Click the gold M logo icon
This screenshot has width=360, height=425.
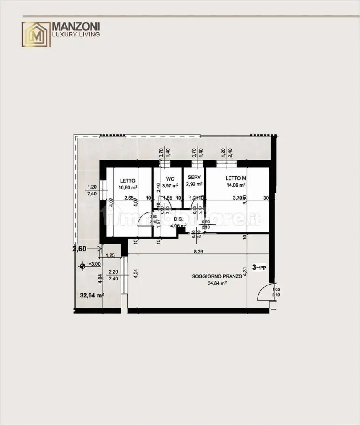36,34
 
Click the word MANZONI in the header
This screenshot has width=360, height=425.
76,27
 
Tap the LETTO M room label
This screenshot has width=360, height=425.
236,178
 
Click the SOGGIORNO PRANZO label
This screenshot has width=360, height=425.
217,276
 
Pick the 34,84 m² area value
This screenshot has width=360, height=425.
217,283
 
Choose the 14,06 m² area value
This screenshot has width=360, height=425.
236,185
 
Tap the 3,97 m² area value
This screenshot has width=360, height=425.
170,186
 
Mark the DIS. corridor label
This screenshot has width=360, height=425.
178,219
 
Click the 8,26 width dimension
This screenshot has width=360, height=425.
197,252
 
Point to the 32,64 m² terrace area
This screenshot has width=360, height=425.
92,295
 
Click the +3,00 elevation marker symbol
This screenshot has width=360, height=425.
83,266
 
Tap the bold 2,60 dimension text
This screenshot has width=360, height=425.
79,249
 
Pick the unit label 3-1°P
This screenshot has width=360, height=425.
259,267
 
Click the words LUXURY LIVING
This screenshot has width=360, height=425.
76,35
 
